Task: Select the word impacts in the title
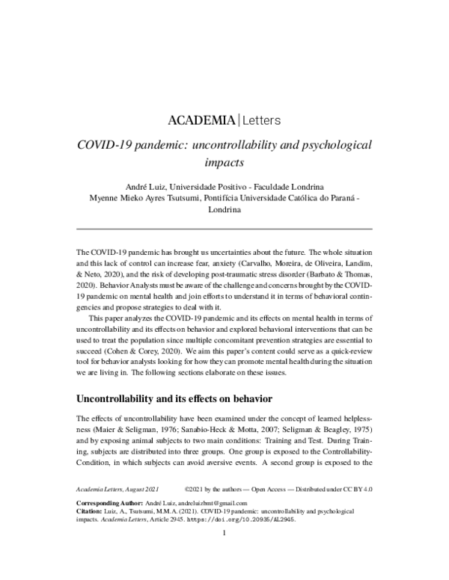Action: (x=224, y=161)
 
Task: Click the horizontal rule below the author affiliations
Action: (x=224, y=228)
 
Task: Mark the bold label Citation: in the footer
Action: (x=92, y=534)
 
